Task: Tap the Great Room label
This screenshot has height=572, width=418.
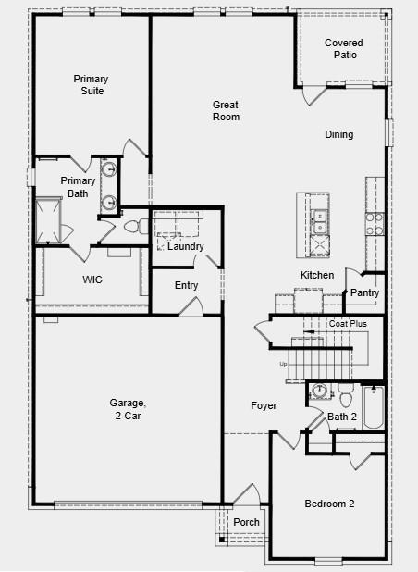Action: point(226,111)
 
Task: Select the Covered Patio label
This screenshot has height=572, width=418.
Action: point(344,49)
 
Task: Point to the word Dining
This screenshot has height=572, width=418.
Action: point(338,135)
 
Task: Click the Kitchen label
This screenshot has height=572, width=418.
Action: point(317,276)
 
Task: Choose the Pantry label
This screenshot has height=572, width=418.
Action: point(364,293)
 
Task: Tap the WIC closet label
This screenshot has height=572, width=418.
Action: point(92,279)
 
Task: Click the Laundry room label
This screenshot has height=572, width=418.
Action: point(185,247)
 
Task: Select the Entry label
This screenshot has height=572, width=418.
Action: point(186,285)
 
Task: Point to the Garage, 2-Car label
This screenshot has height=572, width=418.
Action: point(128,409)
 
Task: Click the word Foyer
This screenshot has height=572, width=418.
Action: point(264,406)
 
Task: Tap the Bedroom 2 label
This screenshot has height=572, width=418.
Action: point(329,504)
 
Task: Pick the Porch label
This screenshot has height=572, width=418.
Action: point(246,523)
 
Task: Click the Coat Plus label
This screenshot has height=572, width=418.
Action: point(348,324)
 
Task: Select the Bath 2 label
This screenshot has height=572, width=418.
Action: point(342,417)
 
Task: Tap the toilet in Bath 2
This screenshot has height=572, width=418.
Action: point(345,397)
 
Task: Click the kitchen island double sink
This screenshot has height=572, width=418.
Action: point(319,223)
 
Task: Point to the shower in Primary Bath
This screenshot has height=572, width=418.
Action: point(46,220)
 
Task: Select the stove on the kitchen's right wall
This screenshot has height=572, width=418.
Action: point(375,223)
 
